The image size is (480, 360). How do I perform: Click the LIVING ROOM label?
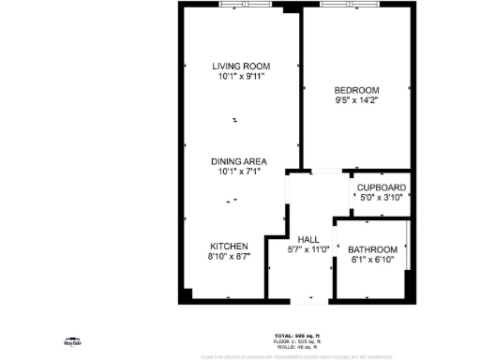click(241, 66)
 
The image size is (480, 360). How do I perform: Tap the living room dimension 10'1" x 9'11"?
click(241, 76)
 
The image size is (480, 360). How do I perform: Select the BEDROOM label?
click(356, 89)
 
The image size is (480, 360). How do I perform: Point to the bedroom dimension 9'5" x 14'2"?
click(356, 99)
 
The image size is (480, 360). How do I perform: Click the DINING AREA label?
click(241, 161)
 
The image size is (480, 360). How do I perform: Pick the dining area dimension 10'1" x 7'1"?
click(241, 172)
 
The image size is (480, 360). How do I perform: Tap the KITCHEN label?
click(229, 246)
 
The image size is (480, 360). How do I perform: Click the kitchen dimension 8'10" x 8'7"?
click(229, 256)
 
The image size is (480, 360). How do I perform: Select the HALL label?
click(307, 239)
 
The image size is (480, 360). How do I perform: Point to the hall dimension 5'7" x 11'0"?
click(307, 249)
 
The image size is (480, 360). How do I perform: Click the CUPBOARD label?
click(381, 187)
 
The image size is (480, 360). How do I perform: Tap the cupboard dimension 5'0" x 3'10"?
click(381, 198)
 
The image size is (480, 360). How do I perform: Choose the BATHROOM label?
click(372, 249)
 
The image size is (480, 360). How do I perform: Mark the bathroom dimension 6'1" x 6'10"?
click(372, 260)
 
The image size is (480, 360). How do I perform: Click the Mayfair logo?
click(71, 343)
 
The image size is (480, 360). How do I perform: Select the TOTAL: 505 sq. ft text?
click(297, 335)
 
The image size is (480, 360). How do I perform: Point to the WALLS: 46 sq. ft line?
click(297, 346)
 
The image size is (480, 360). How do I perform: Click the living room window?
click(250, 5)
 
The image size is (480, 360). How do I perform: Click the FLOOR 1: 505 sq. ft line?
click(297, 340)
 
